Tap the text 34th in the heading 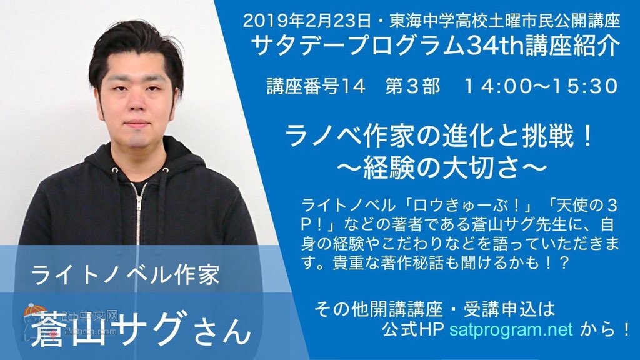click(x=498, y=48)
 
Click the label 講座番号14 click(x=316, y=86)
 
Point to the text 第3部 click(x=413, y=86)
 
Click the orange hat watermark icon click(x=32, y=312)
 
